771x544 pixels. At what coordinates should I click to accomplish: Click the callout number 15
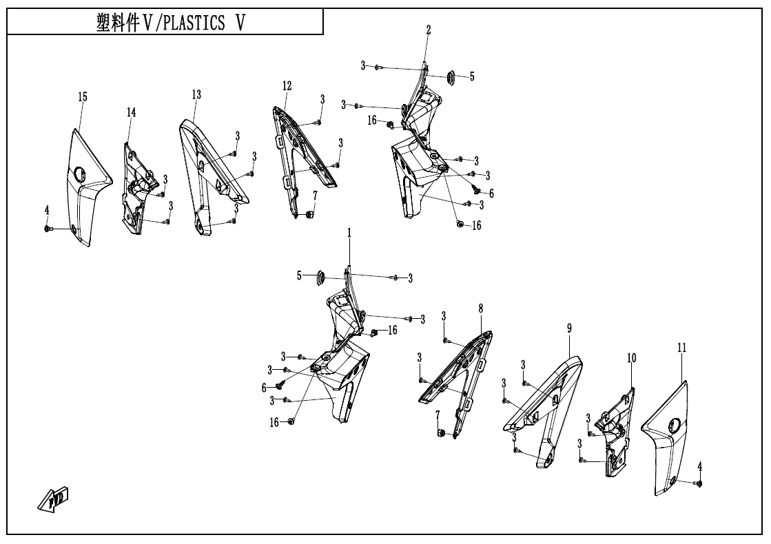click(x=83, y=97)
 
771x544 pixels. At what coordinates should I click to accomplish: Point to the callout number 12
click(x=287, y=86)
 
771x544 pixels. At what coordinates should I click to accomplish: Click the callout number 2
click(x=429, y=30)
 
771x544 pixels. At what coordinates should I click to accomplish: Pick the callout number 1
click(x=349, y=233)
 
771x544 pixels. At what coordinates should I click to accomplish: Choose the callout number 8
click(x=480, y=310)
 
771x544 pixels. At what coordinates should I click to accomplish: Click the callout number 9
click(x=570, y=328)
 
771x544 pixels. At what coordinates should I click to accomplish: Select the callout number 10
click(x=631, y=358)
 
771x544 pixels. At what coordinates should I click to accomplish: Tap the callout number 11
click(x=681, y=349)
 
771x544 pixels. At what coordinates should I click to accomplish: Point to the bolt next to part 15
click(x=50, y=228)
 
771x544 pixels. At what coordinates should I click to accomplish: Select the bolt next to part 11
click(x=699, y=484)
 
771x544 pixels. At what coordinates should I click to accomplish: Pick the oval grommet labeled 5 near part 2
click(x=453, y=77)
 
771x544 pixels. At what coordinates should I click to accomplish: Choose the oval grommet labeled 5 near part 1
click(x=320, y=277)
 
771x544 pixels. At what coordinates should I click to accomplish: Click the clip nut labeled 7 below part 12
click(x=309, y=215)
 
